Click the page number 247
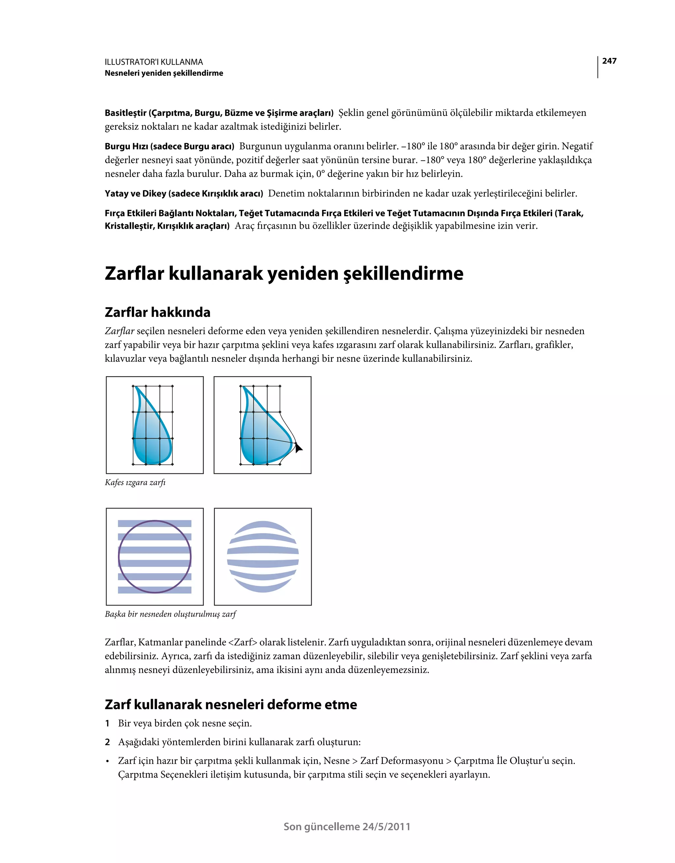[609, 61]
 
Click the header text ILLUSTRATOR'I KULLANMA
[154, 62]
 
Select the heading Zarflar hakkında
[158, 312]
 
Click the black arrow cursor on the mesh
[299, 448]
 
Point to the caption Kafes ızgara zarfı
[135, 483]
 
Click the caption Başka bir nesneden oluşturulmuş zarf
[170, 614]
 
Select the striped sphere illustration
[263, 557]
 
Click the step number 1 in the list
[107, 724]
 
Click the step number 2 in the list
[107, 742]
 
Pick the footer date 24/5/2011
[386, 827]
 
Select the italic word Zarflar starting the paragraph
[119, 331]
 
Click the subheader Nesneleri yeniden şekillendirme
[164, 73]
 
